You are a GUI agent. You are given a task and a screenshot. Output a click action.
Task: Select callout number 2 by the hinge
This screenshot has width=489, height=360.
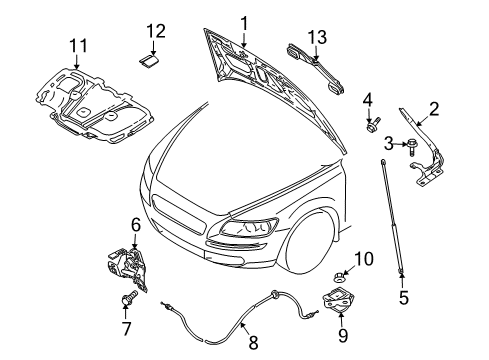(x=434, y=108)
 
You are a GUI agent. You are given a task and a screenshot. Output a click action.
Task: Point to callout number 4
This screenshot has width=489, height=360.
(x=367, y=99)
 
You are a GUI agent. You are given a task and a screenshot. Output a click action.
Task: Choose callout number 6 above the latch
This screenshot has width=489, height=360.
(x=135, y=226)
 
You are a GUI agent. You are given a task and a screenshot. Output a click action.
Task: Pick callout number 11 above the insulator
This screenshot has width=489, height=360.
(x=78, y=45)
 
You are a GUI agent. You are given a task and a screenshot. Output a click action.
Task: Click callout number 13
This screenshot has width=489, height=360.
(x=317, y=37)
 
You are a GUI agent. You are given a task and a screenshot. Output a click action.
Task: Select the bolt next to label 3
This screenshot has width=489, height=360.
(x=411, y=147)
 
